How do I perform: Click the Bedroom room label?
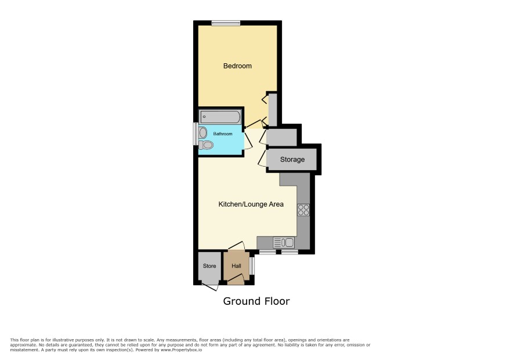[x=237, y=66]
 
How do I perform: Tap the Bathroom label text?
[x=223, y=134]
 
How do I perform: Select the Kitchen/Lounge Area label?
[x=251, y=204]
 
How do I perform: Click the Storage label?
[x=292, y=160]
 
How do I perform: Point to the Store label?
[x=209, y=266]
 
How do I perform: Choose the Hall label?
[x=236, y=266]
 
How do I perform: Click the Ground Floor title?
[x=256, y=301]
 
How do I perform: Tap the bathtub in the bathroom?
[x=220, y=117]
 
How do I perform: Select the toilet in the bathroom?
[x=206, y=145]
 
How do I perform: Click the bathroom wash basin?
[x=203, y=133]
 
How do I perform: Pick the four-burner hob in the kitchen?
[x=303, y=210]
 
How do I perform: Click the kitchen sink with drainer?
[x=284, y=243]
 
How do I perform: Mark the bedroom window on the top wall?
[x=226, y=23]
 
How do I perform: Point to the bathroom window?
[x=196, y=134]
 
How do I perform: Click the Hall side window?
[x=252, y=265]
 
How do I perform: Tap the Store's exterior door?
[x=210, y=287]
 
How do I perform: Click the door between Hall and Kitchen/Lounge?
[x=236, y=246]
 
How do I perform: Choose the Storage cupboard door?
[x=262, y=159]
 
